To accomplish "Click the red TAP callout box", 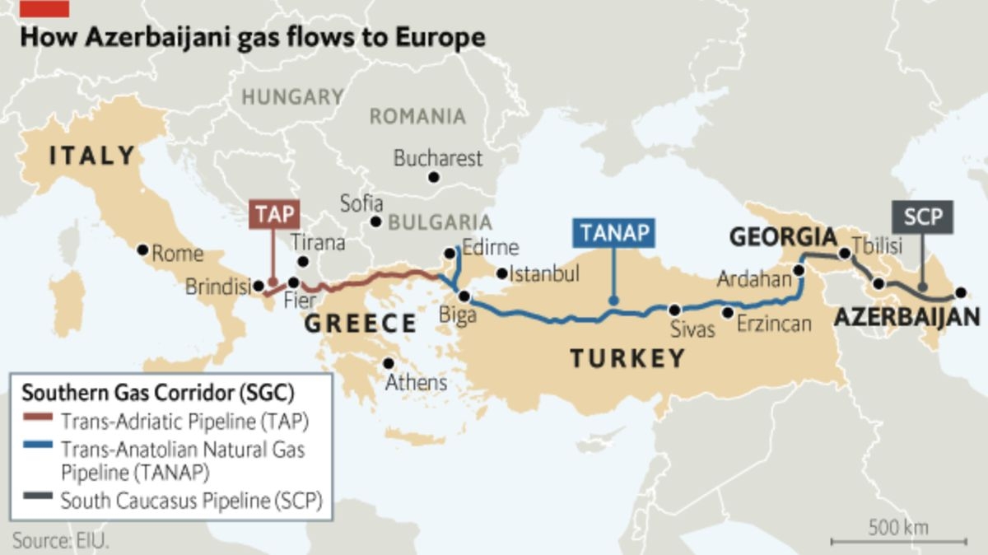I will pos(273,214).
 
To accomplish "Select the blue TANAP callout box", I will pos(614,232).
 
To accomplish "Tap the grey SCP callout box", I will pos(922,217).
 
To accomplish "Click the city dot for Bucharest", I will pos(434,177).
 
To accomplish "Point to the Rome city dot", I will pos(142,249).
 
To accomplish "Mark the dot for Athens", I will pos(389,363).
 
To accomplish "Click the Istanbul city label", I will pos(544,273).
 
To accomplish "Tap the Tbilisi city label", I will pos(878,245).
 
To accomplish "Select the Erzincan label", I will pos(774,324).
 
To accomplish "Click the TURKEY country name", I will pos(627,358).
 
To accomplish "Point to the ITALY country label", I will pos(92,156).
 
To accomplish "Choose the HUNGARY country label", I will pos(292,97).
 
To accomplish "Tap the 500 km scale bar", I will pos(898,541).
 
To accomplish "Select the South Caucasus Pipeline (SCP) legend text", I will pos(190,501).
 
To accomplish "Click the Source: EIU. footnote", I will pos(61,541).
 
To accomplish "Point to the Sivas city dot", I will pos(674,310).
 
